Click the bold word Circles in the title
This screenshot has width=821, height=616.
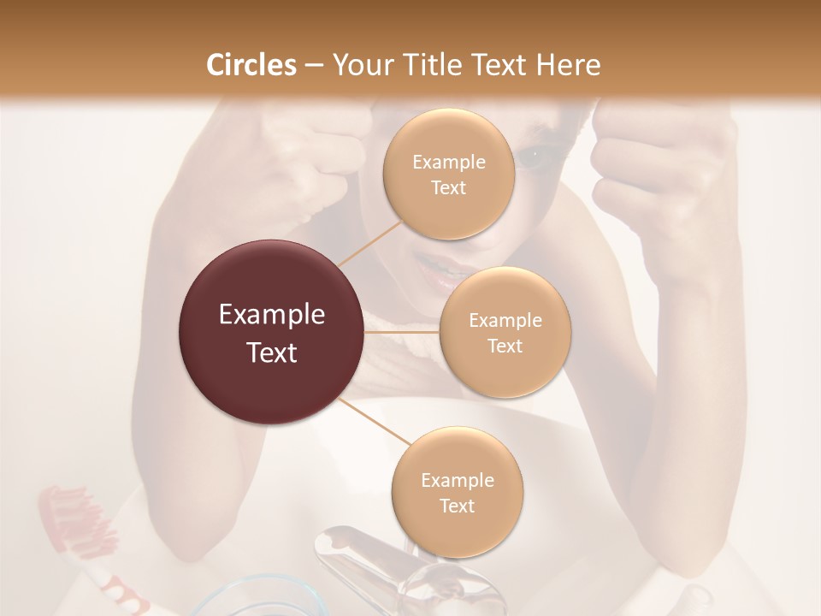pyautogui.click(x=251, y=65)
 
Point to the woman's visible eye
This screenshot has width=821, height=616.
pyautogui.click(x=531, y=157)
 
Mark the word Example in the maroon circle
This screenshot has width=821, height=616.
pyautogui.click(x=272, y=315)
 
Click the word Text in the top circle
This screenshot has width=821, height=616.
pyautogui.click(x=448, y=187)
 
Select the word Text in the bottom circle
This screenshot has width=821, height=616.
pyautogui.click(x=457, y=506)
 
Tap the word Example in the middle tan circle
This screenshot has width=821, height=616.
pyautogui.click(x=505, y=321)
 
